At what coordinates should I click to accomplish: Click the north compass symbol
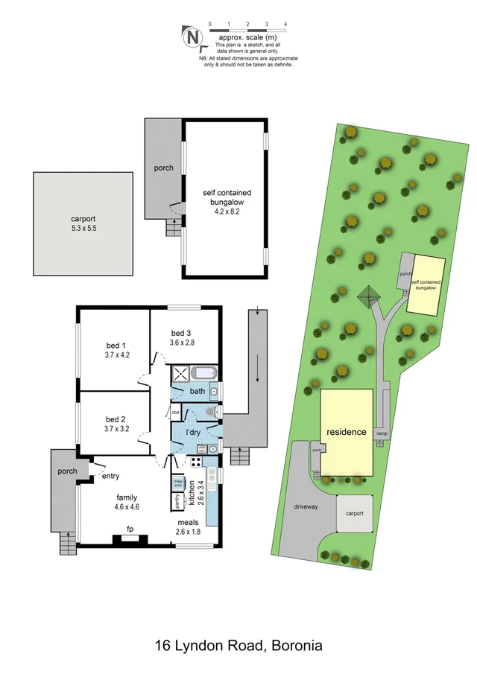pos(192,36)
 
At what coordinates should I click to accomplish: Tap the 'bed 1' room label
pos(116,345)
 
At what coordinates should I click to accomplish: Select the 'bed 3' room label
pos(182,332)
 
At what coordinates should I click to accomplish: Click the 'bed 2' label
pos(116,419)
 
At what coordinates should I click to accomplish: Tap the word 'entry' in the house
pos(110,476)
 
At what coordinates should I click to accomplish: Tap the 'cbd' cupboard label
pos(176,412)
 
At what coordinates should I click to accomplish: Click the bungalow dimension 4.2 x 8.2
pos(224,211)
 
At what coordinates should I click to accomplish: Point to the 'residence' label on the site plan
pos(346,432)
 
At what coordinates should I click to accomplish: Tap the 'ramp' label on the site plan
pos(382,433)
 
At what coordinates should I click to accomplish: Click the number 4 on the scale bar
pos(285,25)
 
